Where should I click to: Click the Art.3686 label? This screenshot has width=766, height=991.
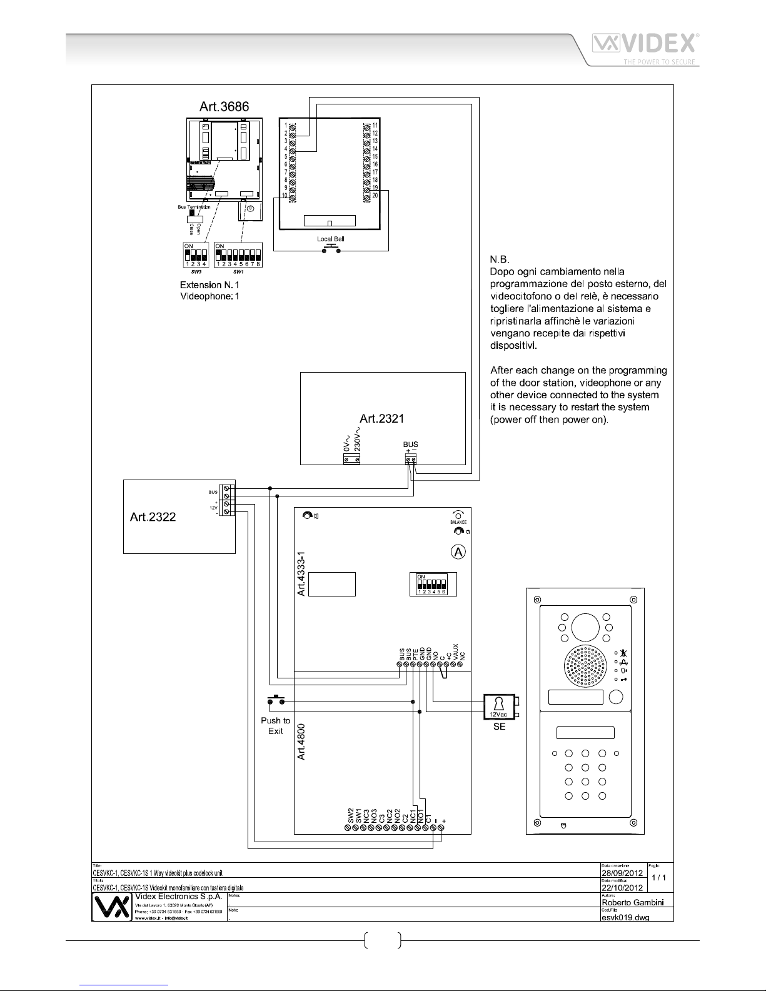(224, 106)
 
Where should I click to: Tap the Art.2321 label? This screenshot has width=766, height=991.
(382, 418)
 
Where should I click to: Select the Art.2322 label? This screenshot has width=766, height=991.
(153, 516)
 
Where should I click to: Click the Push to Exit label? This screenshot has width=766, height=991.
(276, 725)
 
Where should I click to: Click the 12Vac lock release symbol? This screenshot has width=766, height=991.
(498, 707)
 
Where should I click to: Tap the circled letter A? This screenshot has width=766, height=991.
(458, 552)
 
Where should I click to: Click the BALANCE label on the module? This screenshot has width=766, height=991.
(458, 522)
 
